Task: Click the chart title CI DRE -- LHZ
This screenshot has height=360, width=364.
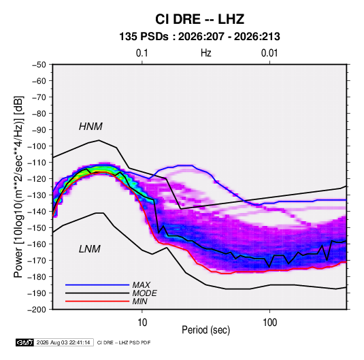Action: click(199, 19)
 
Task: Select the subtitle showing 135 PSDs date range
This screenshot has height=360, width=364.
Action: click(199, 37)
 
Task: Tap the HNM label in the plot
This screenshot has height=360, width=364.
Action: click(90, 127)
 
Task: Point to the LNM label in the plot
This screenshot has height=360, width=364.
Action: click(90, 249)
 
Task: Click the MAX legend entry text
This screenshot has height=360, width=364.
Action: click(141, 285)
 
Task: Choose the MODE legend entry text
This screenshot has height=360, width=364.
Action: click(144, 293)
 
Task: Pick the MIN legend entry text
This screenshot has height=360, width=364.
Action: click(139, 301)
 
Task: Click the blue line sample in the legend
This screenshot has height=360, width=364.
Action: click(97, 284)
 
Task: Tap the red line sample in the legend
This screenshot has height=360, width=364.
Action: click(97, 301)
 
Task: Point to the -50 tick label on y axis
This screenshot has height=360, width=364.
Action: click(39, 65)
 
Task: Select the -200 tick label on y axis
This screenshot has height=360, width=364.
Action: click(37, 310)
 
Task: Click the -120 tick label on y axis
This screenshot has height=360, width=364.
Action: click(37, 179)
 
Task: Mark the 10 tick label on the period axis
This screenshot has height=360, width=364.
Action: click(142, 323)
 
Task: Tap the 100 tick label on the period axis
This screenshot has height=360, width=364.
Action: click(269, 323)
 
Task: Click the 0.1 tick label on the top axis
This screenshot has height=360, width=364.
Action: click(142, 53)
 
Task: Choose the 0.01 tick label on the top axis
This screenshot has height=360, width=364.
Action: click(269, 53)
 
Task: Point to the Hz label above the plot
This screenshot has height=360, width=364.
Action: click(206, 53)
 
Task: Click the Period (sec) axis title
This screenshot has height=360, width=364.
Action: click(206, 330)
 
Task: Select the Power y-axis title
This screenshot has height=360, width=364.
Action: click(18, 186)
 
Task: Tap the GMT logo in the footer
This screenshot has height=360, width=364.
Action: click(24, 342)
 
